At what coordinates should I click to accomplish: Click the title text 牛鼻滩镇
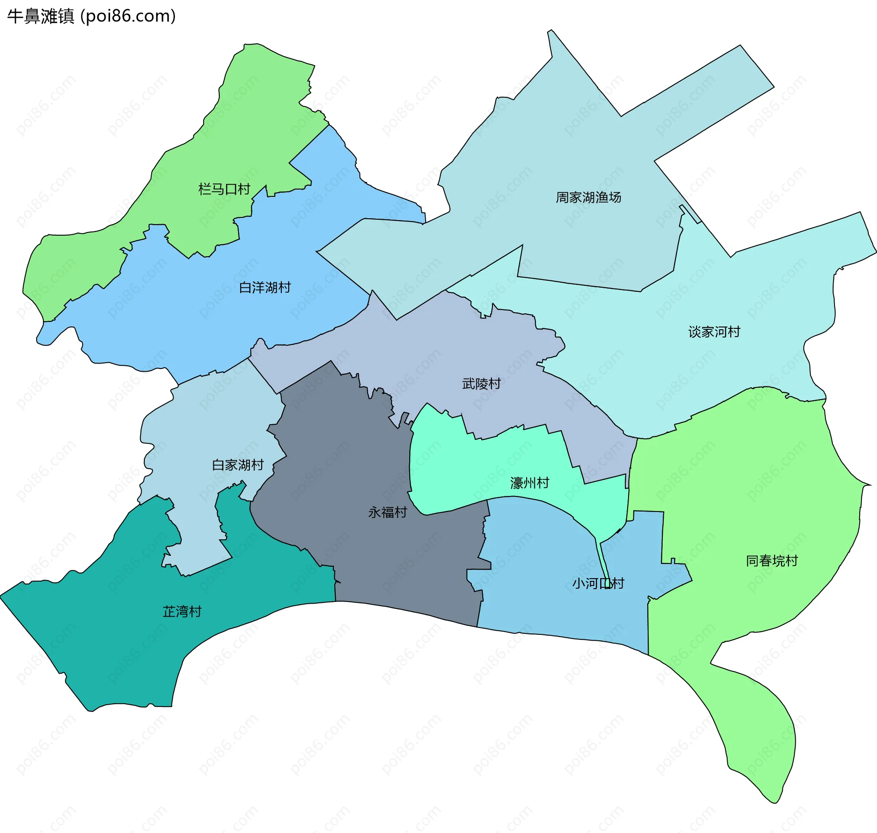[x=41, y=16]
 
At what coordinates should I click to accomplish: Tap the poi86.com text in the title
[x=128, y=16]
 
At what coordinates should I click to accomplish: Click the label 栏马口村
[x=224, y=189]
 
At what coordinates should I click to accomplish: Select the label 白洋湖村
[x=265, y=288]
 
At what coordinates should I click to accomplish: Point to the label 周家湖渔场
[x=588, y=197]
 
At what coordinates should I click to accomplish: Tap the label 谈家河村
[x=714, y=332]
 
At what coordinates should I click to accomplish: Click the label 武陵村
[x=481, y=384]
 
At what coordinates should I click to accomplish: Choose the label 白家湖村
[x=238, y=465]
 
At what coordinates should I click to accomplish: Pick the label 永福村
[x=387, y=512]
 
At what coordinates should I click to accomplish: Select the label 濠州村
[x=529, y=483]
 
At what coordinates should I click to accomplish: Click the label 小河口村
[x=598, y=584]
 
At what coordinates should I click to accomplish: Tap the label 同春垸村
[x=772, y=561]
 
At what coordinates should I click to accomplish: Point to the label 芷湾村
[x=182, y=612]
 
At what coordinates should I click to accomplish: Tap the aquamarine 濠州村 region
[x=457, y=466]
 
